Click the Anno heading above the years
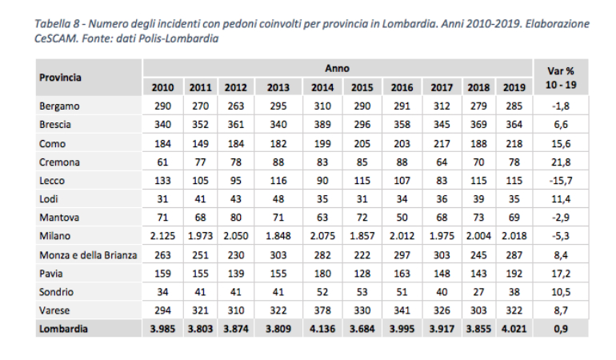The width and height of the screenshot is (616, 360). pos(337,69)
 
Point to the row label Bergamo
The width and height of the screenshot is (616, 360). pos(60,106)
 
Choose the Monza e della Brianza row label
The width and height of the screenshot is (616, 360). pos(87,254)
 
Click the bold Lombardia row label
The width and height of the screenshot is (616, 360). pos(64,328)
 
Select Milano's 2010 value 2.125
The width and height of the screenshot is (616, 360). pos(162,235)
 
